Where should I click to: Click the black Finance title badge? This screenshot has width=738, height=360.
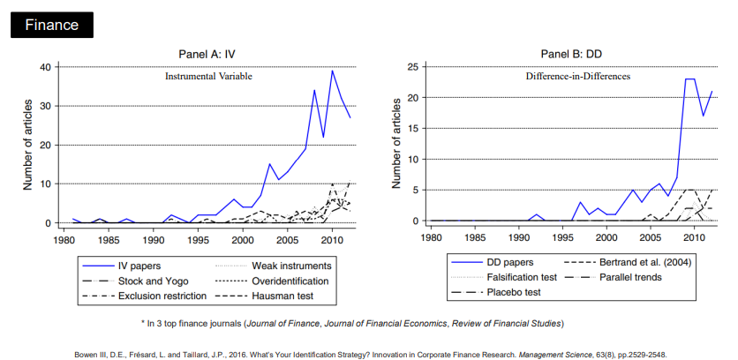coord(51,25)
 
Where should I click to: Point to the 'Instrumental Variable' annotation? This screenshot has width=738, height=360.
coord(208,77)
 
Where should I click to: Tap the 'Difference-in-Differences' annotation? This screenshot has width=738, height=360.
coord(578,77)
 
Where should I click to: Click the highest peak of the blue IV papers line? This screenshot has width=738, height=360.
coord(332,71)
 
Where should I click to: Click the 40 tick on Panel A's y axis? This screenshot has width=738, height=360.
coord(45,67)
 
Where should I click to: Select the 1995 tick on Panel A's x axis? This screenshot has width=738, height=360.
coord(198,239)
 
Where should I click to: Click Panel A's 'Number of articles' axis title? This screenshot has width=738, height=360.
coord(29,145)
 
